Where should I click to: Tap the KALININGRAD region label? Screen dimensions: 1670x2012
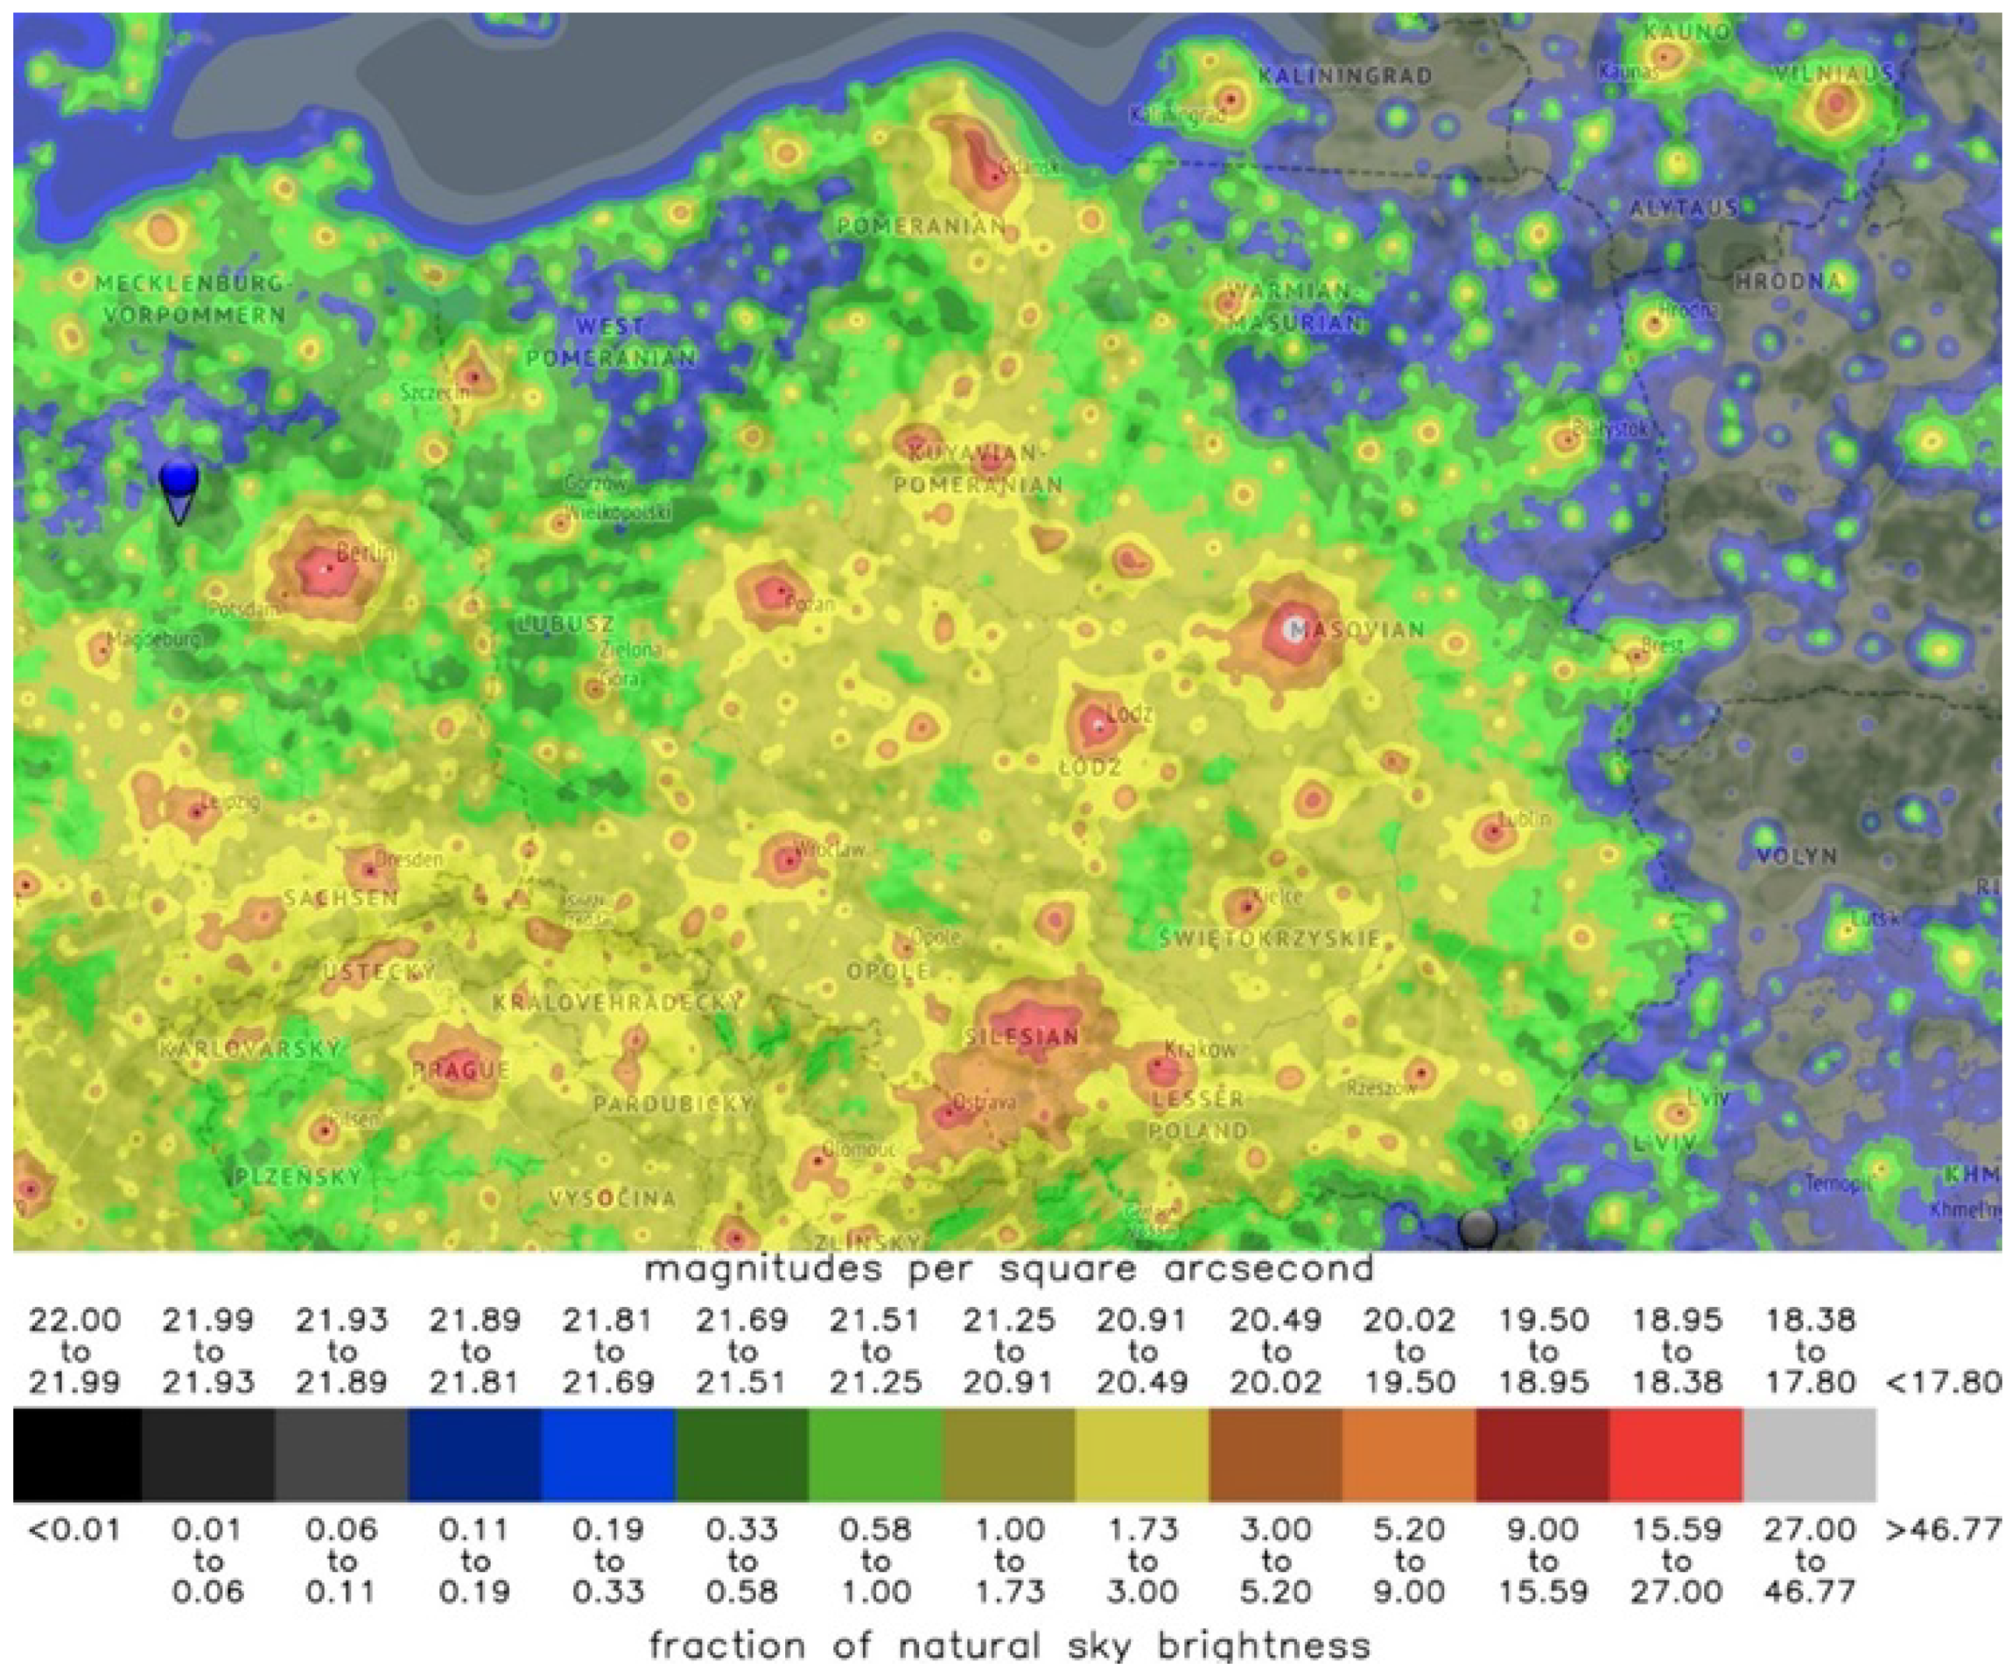(x=1345, y=76)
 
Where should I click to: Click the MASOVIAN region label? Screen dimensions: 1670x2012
(x=1358, y=629)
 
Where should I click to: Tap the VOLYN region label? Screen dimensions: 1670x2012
(x=1795, y=855)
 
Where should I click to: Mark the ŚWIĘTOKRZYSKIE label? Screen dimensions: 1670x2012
(x=1270, y=939)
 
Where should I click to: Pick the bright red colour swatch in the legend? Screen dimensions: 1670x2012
(x=1675, y=1454)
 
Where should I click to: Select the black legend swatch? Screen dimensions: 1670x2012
(x=78, y=1454)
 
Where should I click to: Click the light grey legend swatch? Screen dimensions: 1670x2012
(x=1809, y=1454)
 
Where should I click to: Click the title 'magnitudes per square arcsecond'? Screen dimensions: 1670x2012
(x=1009, y=1270)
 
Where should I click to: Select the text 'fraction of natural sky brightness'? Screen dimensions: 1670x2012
(x=1009, y=1646)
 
